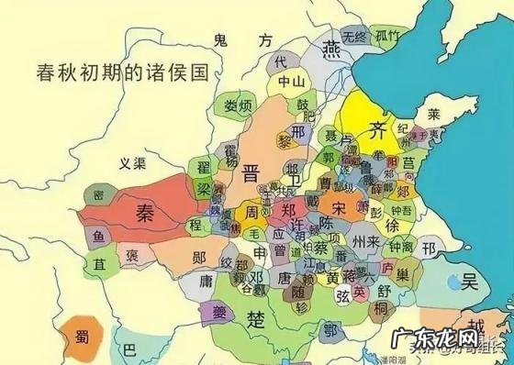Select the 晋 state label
tap(251, 174)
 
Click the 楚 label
tap(258, 318)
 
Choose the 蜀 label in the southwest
tap(74, 334)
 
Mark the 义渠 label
tap(134, 163)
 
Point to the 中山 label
tap(291, 81)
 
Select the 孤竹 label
tap(388, 37)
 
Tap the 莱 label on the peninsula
tap(437, 114)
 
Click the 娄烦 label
tap(239, 105)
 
